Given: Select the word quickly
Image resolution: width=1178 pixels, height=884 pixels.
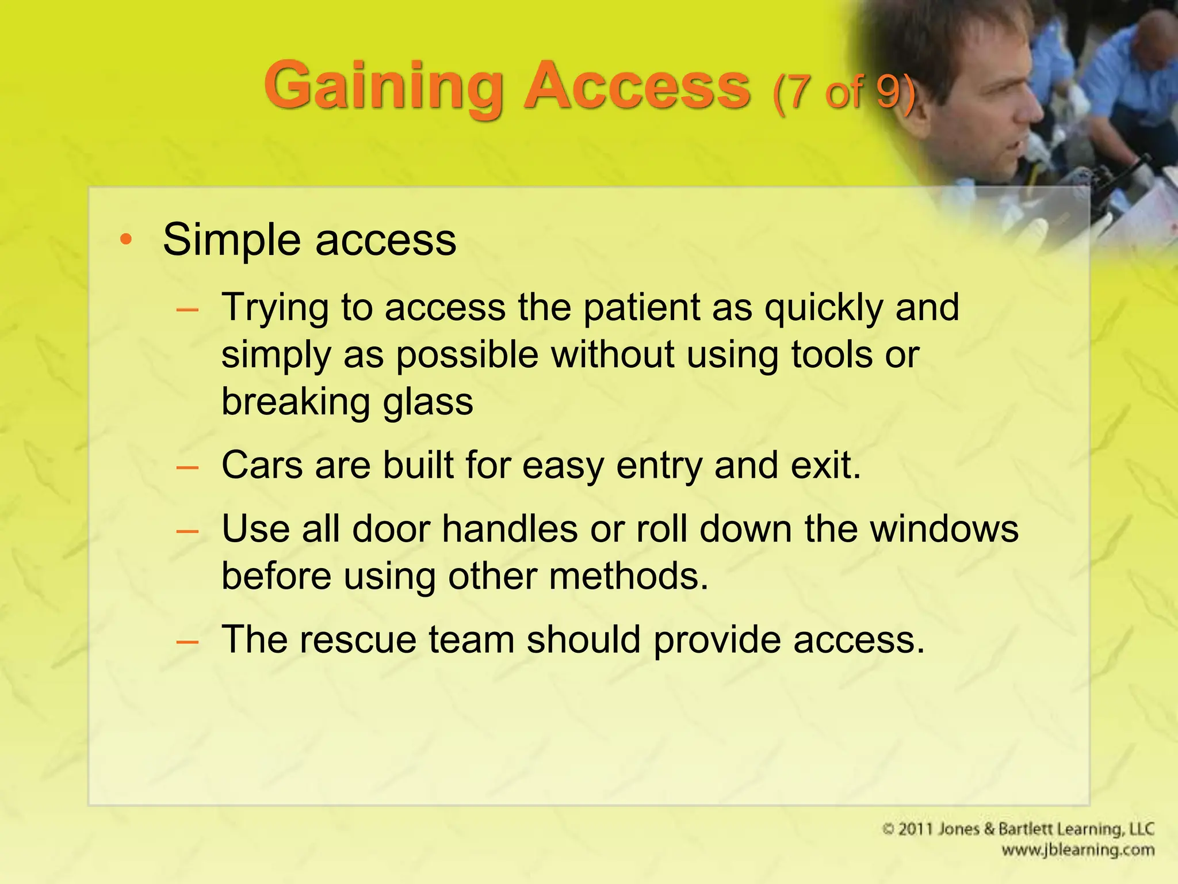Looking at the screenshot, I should coord(823,308).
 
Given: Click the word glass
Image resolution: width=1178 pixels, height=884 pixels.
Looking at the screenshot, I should coord(428,402).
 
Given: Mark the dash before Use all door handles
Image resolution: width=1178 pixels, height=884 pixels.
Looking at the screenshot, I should coord(188,529).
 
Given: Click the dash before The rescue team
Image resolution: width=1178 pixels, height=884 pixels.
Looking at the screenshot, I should coord(188,641).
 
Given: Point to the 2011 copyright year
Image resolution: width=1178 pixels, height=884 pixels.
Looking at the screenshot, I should coord(914,829).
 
